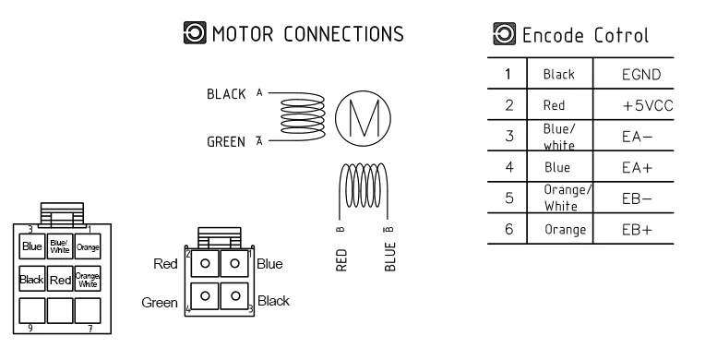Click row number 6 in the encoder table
pos(509,229)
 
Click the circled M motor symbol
pos(363,118)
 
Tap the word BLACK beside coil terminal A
pos(226,94)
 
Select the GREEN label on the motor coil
pos(226,142)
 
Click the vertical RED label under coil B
pos(341,260)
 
